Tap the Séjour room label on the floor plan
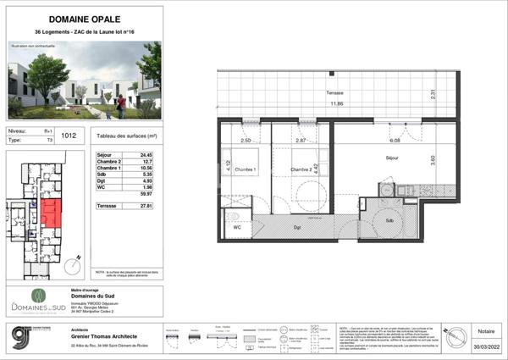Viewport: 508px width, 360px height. [393, 158]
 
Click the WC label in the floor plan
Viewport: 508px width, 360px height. [237, 227]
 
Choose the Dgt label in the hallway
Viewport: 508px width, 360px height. [297, 228]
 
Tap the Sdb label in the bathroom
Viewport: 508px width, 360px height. [389, 221]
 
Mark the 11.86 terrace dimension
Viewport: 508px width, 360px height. [338, 103]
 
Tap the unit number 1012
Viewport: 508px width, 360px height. [69, 135]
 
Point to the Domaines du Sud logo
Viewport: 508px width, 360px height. [37, 302]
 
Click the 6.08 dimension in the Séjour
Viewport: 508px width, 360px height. [394, 141]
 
